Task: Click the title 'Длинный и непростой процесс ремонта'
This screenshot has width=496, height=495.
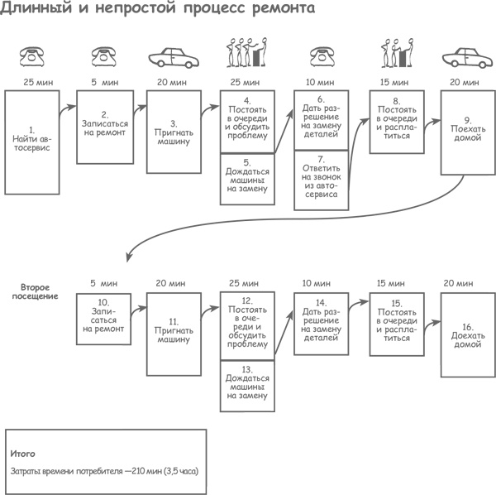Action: coord(157,11)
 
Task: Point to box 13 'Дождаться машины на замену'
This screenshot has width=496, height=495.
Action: coord(247,382)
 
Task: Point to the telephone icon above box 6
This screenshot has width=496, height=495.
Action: coord(322,56)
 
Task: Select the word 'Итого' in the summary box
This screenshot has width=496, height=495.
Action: coord(22,454)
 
